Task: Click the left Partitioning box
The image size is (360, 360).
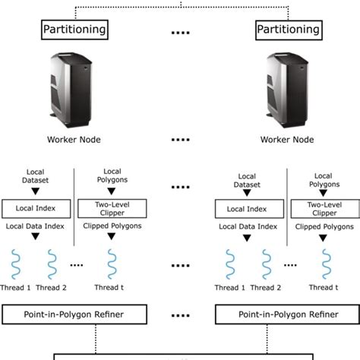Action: pyautogui.click(x=74, y=30)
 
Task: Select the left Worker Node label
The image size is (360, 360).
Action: pyautogui.click(x=74, y=140)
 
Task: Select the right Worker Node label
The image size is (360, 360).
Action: pyautogui.click(x=287, y=140)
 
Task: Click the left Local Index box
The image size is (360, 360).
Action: pyautogui.click(x=37, y=207)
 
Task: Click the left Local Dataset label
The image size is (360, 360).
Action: pyautogui.click(x=37, y=180)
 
